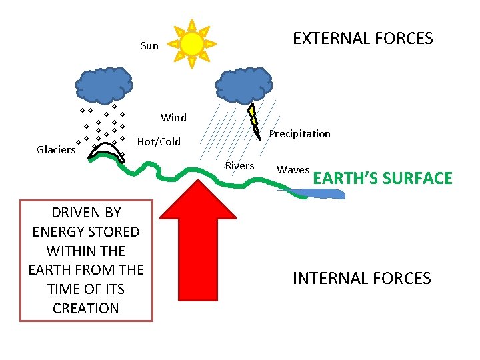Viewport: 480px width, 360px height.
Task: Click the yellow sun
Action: [x=192, y=44]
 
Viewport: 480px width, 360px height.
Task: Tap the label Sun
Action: [x=149, y=46]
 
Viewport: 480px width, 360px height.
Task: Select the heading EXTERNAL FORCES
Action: [x=363, y=38]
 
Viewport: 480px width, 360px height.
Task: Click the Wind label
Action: [x=173, y=118]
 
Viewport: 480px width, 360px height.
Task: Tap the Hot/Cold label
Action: [x=159, y=141]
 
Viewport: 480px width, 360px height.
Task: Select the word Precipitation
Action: [x=299, y=133]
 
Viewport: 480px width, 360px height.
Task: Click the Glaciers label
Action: [x=56, y=150]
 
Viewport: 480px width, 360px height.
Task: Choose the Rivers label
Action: [x=239, y=165]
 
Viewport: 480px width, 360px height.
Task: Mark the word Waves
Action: [x=293, y=169]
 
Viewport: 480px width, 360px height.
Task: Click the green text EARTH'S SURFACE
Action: [x=383, y=178]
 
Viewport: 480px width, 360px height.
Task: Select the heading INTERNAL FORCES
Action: [x=361, y=278]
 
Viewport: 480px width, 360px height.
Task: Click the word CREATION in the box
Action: [x=86, y=308]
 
